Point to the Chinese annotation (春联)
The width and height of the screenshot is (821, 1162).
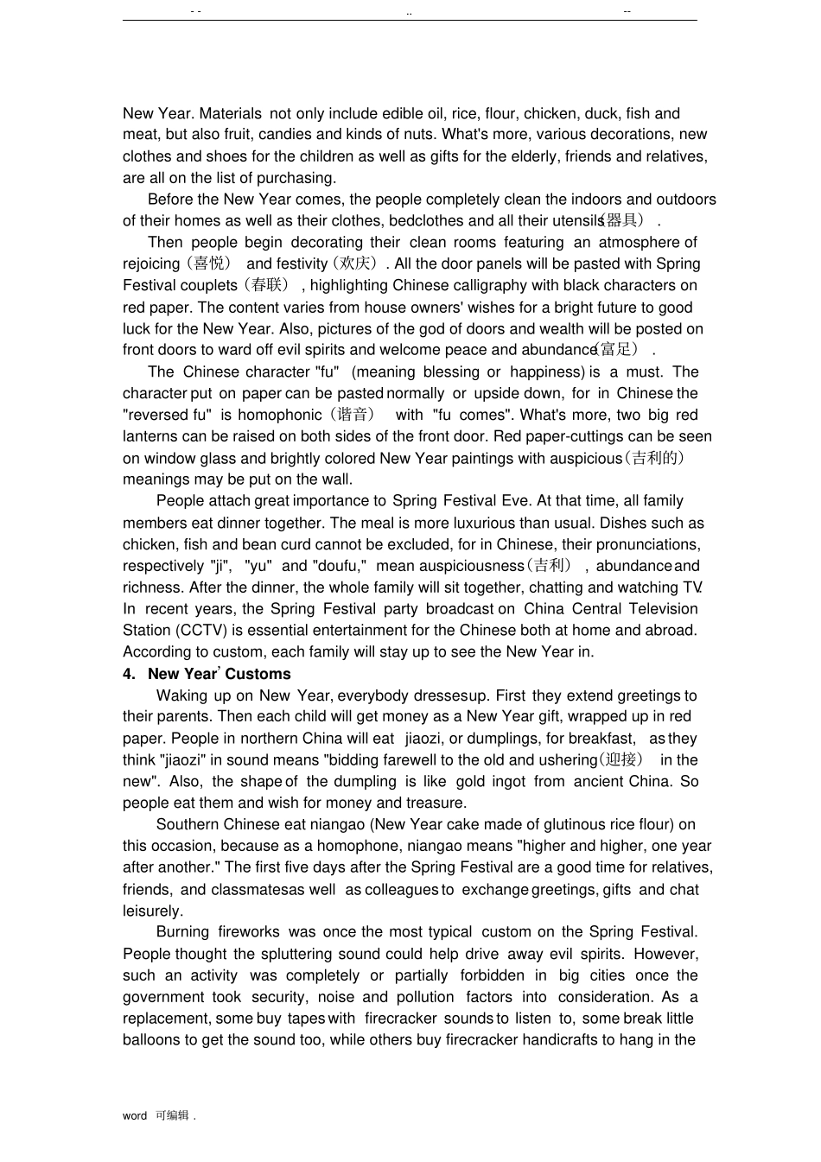267,286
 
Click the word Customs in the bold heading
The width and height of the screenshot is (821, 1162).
258,675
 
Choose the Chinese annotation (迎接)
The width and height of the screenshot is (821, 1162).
621,760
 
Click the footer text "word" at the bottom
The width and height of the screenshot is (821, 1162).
135,1116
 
